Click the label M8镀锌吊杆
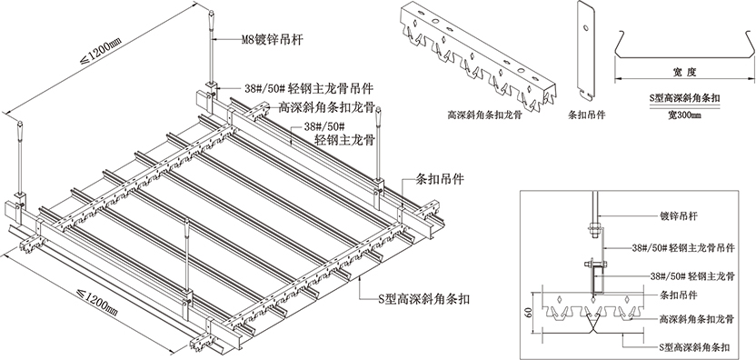point(273,39)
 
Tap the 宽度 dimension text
point(684,73)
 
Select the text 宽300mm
point(684,115)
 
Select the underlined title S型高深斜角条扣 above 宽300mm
point(684,98)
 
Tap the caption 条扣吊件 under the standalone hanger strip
point(587,115)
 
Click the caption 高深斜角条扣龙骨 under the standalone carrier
point(484,115)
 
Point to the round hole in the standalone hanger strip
point(585,27)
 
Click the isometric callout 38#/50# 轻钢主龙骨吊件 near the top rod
point(309,88)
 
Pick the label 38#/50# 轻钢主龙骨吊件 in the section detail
point(683,248)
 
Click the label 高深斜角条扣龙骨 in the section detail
point(696,319)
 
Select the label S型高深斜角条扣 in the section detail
point(694,347)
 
